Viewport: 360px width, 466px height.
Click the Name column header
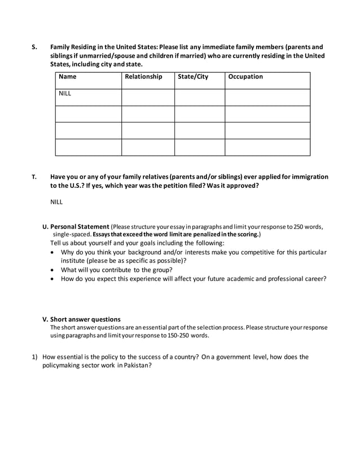click(68, 77)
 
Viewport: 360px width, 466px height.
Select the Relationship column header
click(143, 77)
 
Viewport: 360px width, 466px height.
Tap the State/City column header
click(193, 77)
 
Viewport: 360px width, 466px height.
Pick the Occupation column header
click(245, 77)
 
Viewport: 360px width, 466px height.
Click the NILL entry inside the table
click(65, 94)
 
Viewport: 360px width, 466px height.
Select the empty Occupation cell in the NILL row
click(267, 97)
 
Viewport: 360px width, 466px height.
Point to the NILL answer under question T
click(57, 201)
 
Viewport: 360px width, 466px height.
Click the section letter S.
click(33, 47)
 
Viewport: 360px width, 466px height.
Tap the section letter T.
click(33, 177)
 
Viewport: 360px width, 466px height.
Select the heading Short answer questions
click(85, 319)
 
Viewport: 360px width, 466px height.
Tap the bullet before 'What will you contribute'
click(53, 270)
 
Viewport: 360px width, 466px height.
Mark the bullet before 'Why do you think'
click(53, 252)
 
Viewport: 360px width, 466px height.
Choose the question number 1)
click(34, 357)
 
